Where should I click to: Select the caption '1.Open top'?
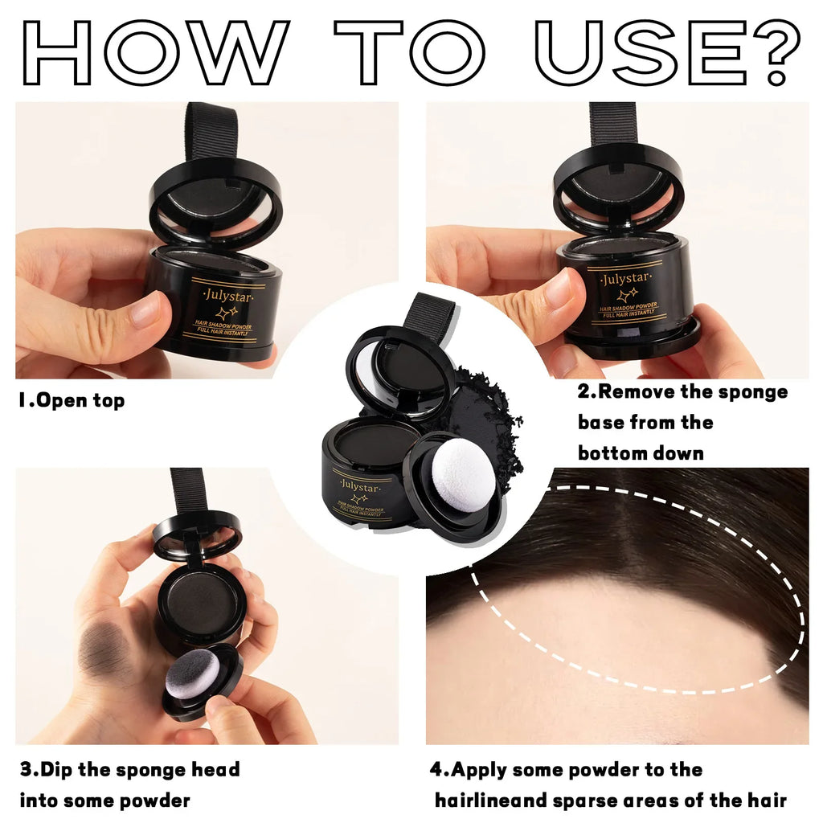point(72,400)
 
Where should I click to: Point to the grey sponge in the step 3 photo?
point(196,674)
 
